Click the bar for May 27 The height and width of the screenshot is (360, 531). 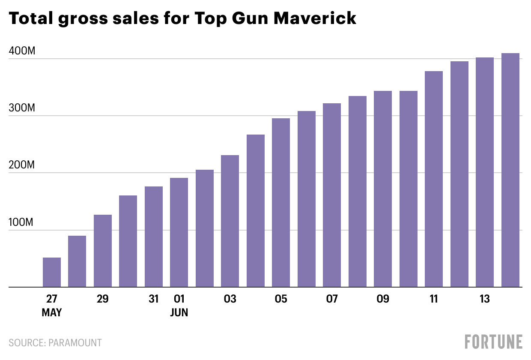[x=52, y=272]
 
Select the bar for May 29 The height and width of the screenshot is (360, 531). [x=103, y=251]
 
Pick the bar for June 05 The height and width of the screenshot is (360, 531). [x=281, y=202]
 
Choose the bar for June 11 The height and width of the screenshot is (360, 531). [x=434, y=179]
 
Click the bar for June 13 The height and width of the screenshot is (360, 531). [x=485, y=172]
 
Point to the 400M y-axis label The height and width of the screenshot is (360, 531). [x=22, y=51]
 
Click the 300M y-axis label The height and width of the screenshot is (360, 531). [x=22, y=108]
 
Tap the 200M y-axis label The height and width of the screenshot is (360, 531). [x=22, y=165]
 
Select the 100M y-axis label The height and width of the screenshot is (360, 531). [x=22, y=222]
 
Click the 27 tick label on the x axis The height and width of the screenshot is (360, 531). [x=52, y=299]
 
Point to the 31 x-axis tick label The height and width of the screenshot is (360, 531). [x=154, y=299]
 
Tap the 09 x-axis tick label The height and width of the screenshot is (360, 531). [x=383, y=299]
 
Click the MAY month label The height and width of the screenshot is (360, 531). [x=52, y=313]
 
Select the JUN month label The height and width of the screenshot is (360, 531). [x=179, y=313]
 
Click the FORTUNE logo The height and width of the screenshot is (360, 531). [x=494, y=342]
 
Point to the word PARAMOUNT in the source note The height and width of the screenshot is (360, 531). [x=75, y=343]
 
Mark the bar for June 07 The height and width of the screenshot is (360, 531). [x=332, y=195]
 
